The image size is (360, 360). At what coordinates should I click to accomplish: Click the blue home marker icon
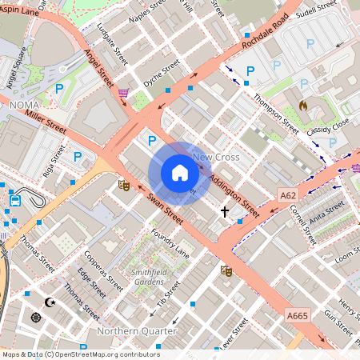(x=180, y=173)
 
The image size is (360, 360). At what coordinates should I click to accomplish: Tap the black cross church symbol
(x=225, y=212)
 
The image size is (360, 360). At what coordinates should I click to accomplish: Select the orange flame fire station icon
(x=303, y=106)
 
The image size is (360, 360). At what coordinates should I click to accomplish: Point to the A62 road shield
(x=289, y=194)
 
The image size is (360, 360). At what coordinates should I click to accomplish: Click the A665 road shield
(x=297, y=317)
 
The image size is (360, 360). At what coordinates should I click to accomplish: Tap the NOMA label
(x=25, y=105)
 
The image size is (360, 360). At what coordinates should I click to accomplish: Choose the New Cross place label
(x=215, y=158)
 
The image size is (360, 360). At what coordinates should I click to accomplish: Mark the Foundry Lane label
(x=170, y=242)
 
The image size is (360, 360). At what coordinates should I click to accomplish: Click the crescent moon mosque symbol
(x=51, y=302)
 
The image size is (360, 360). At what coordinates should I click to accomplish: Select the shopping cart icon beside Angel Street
(x=123, y=93)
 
